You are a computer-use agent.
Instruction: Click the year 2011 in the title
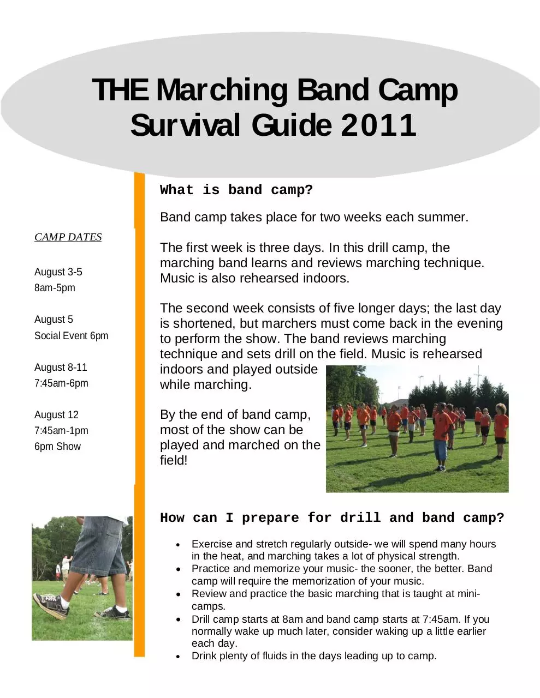[x=378, y=125]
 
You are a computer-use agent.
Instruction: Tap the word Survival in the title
[x=185, y=125]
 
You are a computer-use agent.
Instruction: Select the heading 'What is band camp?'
[x=236, y=190]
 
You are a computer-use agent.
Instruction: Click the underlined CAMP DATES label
[x=68, y=237]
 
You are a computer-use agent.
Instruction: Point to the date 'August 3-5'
[x=58, y=272]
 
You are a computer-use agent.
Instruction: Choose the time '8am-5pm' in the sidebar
[x=55, y=287]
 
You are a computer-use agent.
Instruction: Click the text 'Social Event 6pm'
[x=72, y=336]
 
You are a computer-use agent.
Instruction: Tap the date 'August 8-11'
[x=61, y=367]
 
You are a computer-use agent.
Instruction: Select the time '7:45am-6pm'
[x=61, y=383]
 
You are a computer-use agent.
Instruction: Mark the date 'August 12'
[x=56, y=414]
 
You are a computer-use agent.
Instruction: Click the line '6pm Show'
[x=57, y=446]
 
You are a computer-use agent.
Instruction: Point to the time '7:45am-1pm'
[x=61, y=430]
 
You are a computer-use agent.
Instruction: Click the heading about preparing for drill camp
[x=332, y=518]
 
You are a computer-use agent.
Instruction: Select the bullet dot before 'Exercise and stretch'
[x=178, y=545]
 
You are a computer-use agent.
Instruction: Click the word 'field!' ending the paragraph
[x=174, y=460]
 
